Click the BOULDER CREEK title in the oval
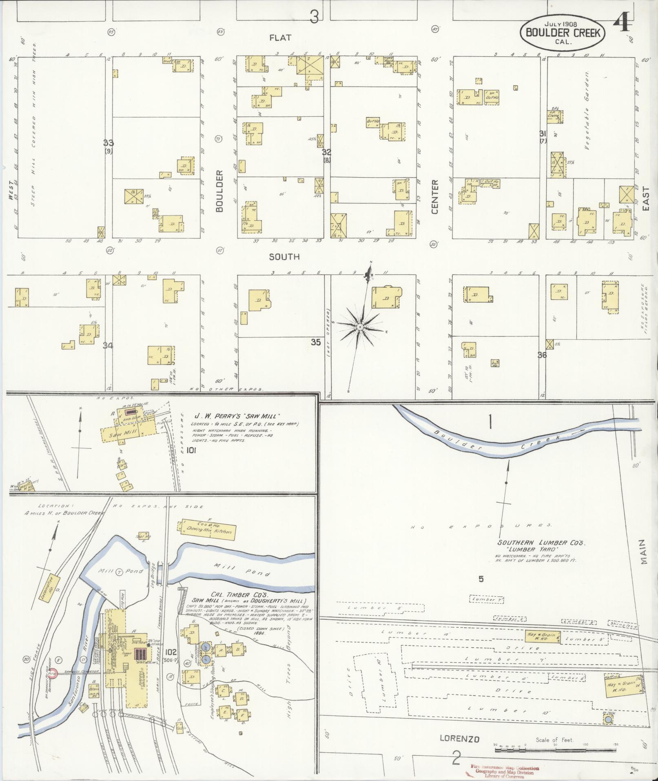pos(563,33)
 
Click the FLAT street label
pos(280,38)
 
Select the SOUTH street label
pos(284,256)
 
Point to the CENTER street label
pos(434,197)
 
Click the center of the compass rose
pos(361,327)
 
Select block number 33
pos(109,143)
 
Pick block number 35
pos(316,342)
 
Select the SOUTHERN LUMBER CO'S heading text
pos(541,543)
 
